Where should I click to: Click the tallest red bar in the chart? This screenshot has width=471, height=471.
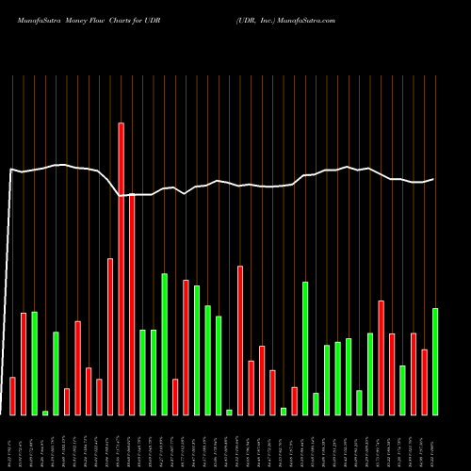pos(121,268)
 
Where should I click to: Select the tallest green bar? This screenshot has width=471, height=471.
pos(164,344)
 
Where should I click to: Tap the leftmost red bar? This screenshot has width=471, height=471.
pos(12,396)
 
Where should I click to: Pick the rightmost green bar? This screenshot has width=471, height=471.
pos(435,361)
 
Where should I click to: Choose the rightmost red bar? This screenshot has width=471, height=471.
pos(424,382)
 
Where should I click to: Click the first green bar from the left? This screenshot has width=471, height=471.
pos(34,363)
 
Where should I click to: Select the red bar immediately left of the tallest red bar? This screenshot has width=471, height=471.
pos(110,336)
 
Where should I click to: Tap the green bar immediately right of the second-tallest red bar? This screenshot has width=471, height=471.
pos(142,372)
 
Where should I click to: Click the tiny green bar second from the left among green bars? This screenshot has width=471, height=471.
pos(45,413)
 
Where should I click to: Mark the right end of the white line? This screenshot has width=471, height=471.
pos(434,179)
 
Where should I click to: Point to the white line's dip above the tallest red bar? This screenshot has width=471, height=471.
pos(121,195)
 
